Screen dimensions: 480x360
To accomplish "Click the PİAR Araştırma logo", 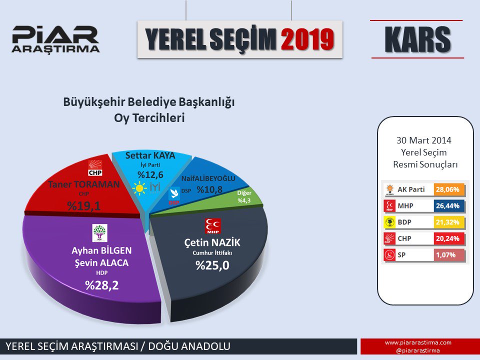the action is [55, 39].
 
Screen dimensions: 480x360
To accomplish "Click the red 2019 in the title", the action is [307, 39].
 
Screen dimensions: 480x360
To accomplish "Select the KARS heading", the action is [417, 39].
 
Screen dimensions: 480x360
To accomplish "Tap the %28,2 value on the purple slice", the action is [101, 285].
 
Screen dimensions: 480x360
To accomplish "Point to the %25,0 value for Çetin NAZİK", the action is [212, 265].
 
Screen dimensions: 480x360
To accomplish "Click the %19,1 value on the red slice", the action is [84, 206].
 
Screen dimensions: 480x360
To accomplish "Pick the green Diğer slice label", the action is [244, 196].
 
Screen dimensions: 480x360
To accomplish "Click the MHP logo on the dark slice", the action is [213, 226].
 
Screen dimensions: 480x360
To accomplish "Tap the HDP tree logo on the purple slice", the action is [100, 233].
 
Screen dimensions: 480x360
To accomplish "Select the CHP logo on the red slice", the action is [95, 168].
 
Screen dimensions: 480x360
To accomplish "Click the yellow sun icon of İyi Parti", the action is [139, 188].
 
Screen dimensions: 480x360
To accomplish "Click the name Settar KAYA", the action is [150, 155].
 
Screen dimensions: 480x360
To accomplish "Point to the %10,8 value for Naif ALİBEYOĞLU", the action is [209, 190].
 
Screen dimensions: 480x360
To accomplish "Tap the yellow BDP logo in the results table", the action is [389, 222].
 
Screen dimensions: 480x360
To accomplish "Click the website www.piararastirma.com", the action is [418, 342].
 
